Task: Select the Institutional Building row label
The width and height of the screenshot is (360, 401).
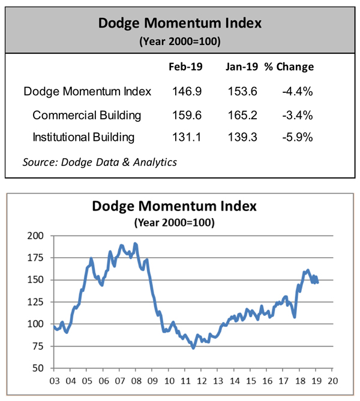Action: coord(83,137)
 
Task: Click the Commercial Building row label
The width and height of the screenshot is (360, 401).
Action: coord(87,114)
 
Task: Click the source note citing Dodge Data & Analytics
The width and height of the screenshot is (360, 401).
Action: coord(100,161)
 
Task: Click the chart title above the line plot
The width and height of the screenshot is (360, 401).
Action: coord(174,207)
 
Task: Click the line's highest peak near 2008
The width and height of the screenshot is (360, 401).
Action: coord(134,243)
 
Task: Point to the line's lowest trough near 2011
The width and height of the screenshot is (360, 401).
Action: coord(193,348)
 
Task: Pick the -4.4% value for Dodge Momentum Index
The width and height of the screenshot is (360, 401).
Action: coord(298,92)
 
